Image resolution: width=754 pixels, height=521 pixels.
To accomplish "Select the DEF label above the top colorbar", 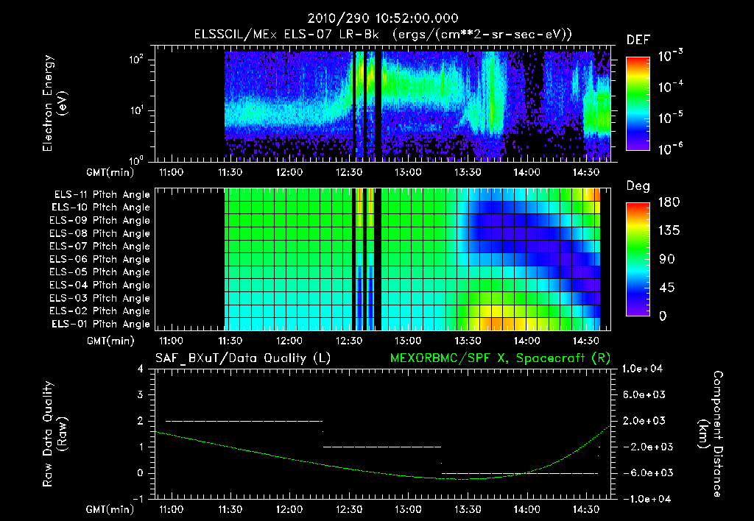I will (x=638, y=40).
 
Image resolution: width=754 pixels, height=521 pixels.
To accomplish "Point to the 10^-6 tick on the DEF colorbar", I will (x=673, y=149).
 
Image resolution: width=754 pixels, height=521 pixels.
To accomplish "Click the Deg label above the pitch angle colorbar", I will (x=638, y=185).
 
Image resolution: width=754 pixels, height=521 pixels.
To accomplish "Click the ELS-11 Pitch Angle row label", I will (x=101, y=195).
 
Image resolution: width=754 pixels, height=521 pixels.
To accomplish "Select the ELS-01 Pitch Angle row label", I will (x=101, y=324).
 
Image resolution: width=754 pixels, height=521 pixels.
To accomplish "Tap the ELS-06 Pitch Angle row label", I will (x=101, y=259).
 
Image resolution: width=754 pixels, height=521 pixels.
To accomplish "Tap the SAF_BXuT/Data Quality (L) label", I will (x=242, y=358).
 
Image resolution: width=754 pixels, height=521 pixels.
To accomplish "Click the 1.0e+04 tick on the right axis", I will (x=645, y=369).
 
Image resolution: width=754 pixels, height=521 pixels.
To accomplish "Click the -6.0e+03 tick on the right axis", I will (x=645, y=472).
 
